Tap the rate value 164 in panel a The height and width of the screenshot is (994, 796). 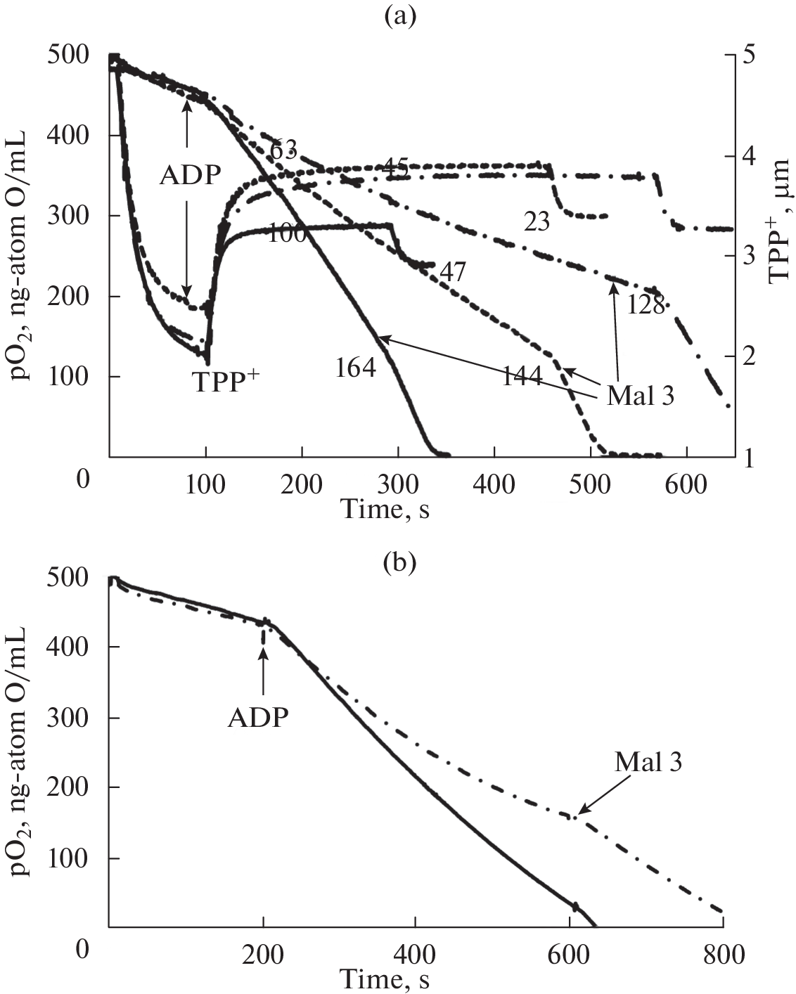click(356, 367)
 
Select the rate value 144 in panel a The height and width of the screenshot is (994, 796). click(522, 377)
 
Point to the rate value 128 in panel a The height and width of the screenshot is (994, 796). click(644, 305)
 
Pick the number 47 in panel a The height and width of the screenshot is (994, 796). click(451, 271)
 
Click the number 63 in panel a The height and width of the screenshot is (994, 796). click(283, 149)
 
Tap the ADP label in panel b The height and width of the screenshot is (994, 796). click(258, 717)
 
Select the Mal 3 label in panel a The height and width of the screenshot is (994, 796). click(640, 396)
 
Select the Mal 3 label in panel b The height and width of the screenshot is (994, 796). click(648, 762)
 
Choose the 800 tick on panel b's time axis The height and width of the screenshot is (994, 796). click(724, 955)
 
